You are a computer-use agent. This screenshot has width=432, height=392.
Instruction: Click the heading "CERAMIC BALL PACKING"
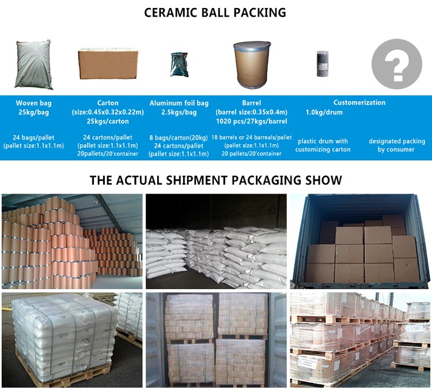point(215,13)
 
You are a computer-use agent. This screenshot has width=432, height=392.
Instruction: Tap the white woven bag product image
point(33,64)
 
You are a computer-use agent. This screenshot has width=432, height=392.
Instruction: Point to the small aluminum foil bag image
point(179,65)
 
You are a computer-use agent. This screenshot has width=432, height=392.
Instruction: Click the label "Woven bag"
point(34,103)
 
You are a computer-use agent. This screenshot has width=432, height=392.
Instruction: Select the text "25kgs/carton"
point(108,121)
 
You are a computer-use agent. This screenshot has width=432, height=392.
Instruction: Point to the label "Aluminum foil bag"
point(179,103)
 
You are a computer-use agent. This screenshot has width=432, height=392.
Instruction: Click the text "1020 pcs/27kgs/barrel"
point(252,121)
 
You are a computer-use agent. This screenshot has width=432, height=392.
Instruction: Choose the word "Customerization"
point(359,102)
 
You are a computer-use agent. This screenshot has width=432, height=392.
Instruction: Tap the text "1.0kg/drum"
point(324,112)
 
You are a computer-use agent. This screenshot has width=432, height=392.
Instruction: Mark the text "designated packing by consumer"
point(396,145)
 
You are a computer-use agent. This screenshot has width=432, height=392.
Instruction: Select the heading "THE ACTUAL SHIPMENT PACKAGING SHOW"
point(215,180)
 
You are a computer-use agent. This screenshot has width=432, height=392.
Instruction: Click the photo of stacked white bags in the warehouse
point(215,240)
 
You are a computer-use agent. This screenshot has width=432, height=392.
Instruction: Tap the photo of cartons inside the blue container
point(359,240)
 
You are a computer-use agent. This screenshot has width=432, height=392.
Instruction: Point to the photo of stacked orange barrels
point(71,240)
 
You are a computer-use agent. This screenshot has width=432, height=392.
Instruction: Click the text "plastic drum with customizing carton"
point(323,145)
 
